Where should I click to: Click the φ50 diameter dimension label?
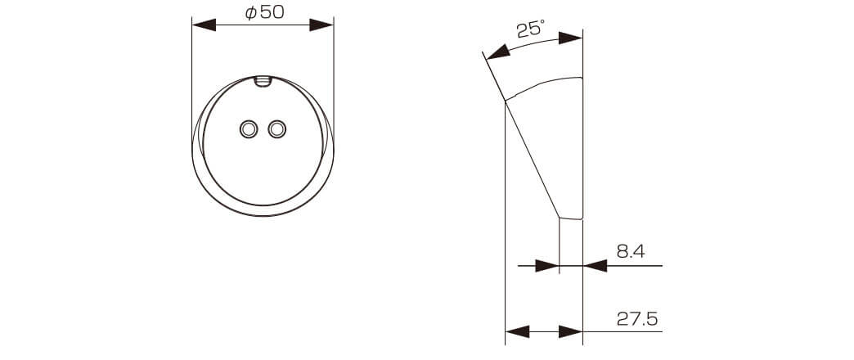pos(265,12)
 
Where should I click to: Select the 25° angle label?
pos(530,29)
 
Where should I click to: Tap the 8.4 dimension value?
pos(631,251)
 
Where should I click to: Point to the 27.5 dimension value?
pos(637,318)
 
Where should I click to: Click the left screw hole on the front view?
pos(249,129)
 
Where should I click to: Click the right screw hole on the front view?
pos(277,129)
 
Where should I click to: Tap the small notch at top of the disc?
pos(263,81)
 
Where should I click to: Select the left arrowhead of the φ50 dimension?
pos(204,25)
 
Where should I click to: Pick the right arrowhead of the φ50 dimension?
pos(321,25)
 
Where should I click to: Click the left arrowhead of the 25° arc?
pos(498,52)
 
